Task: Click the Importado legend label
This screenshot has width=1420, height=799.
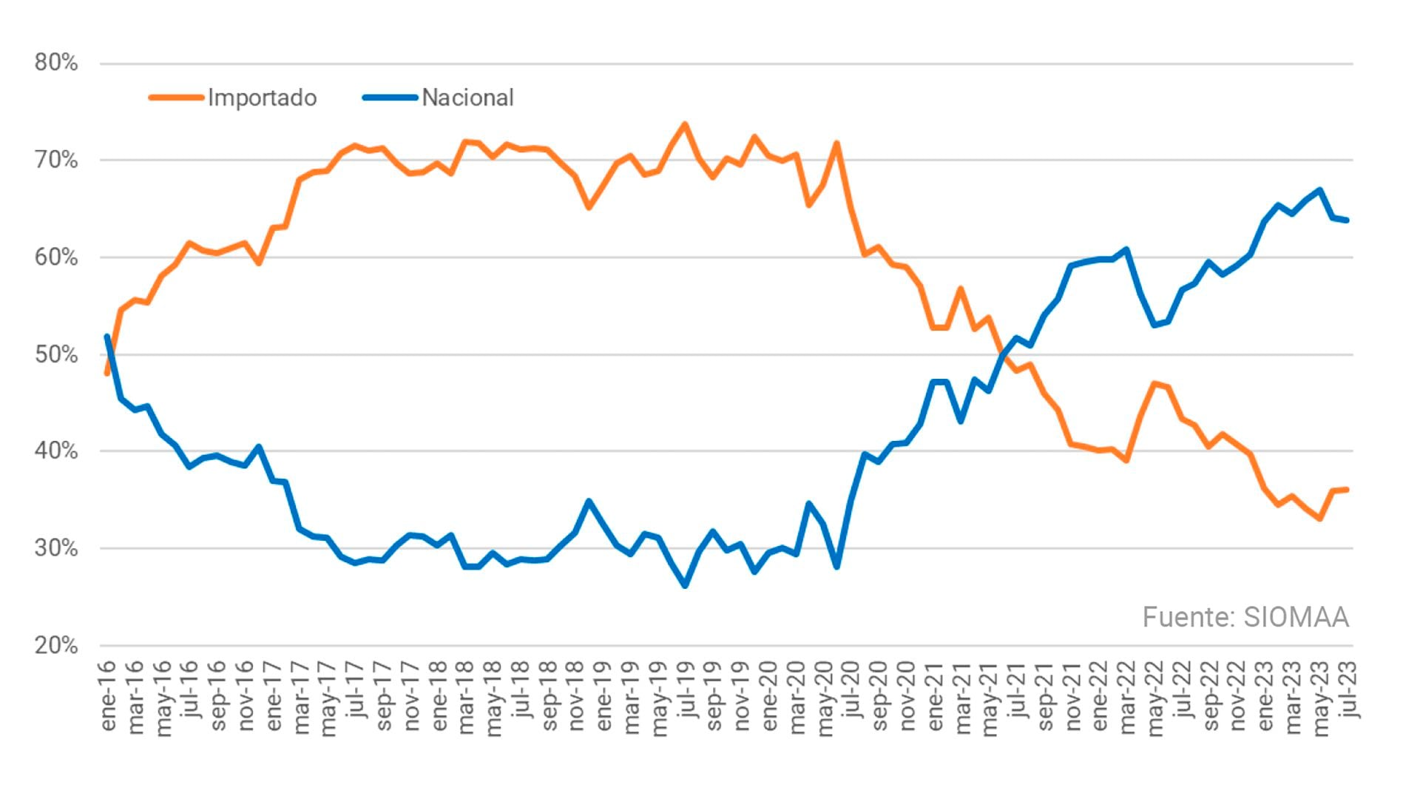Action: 262,98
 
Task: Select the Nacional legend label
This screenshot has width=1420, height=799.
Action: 467,98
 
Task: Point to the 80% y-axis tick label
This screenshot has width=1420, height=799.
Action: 56,63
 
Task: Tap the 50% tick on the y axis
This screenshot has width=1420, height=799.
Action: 56,355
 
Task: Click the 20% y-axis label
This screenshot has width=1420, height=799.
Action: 56,646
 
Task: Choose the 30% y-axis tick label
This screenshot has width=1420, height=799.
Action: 56,549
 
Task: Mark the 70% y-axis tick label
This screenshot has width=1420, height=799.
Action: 56,161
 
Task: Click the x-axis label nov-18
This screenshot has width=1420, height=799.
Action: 577,697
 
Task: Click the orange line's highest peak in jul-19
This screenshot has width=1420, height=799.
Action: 685,124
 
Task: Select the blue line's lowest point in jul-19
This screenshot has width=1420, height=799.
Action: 685,586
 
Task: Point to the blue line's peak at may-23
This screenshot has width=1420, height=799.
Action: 1320,190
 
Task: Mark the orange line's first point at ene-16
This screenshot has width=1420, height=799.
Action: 107,374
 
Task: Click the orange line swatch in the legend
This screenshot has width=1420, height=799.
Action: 176,98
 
